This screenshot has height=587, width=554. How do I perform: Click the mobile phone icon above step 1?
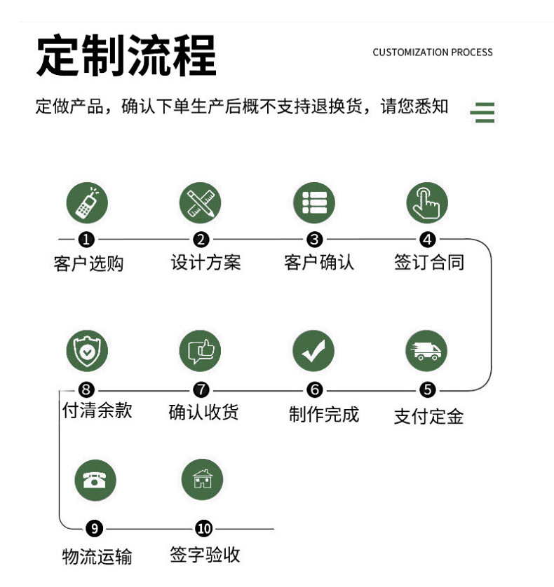87,202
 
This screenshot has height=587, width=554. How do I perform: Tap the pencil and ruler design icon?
201,202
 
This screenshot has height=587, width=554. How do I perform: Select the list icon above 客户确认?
314,202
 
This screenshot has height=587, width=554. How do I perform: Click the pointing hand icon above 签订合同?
427,202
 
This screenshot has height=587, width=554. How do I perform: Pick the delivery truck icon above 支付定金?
427,351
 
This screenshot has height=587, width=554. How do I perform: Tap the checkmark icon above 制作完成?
313,351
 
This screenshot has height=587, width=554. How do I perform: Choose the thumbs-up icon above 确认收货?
201,351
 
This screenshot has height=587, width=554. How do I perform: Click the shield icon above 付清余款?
87,351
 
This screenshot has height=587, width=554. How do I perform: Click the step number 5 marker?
428,389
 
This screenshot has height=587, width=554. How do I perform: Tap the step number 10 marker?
203,528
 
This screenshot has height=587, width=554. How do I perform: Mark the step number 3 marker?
314,240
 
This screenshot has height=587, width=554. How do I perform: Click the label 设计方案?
205,263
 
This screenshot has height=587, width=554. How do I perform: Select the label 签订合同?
428,263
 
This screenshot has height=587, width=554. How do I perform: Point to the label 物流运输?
97,557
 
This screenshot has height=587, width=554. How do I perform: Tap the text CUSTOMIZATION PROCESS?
433,53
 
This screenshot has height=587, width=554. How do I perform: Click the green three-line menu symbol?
482,112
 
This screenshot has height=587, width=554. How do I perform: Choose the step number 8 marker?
87,389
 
